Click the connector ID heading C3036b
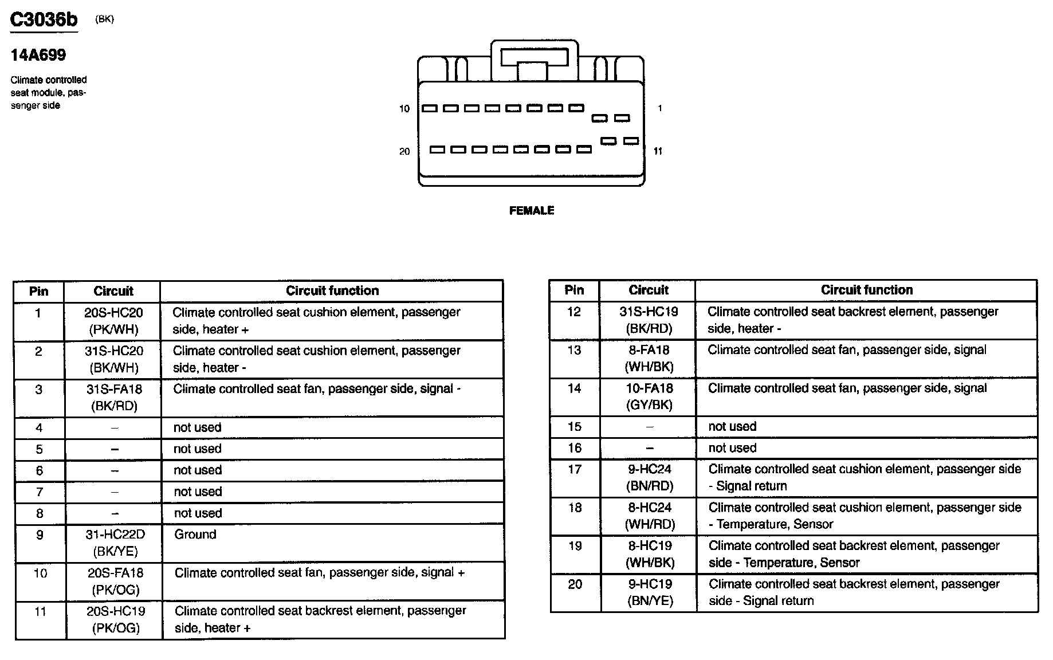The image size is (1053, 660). (x=44, y=20)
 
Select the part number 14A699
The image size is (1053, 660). (x=38, y=55)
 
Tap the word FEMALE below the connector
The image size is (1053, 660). (x=531, y=211)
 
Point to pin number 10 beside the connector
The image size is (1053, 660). (x=404, y=109)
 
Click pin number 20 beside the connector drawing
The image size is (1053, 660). (x=404, y=152)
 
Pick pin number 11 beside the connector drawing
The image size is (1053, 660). (x=658, y=151)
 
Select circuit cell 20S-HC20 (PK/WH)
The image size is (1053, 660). (x=113, y=321)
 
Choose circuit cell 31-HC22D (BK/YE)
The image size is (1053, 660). (x=115, y=543)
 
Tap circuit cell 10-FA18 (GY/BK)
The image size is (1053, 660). (x=649, y=396)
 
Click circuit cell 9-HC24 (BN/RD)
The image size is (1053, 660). (x=650, y=477)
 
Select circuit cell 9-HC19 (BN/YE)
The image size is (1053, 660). (x=650, y=592)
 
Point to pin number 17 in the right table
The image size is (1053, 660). (x=575, y=470)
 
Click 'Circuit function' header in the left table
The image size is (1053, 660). (x=332, y=291)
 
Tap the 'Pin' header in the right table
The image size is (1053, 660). (x=574, y=290)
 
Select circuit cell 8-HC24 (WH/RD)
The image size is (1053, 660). (x=650, y=516)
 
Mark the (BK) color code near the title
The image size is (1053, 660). (x=105, y=19)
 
